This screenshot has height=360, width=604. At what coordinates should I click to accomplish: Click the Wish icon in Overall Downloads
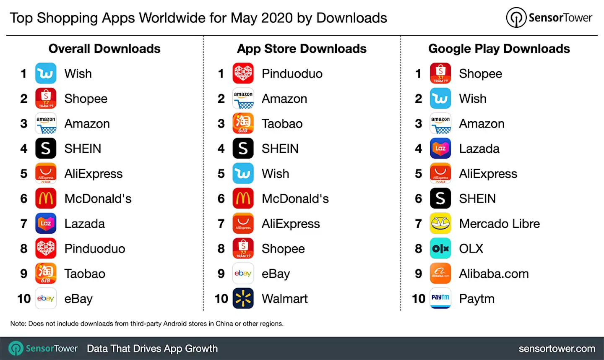click(x=46, y=73)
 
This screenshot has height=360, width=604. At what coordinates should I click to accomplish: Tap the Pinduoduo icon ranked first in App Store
click(x=243, y=73)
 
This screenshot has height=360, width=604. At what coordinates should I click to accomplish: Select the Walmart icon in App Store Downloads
click(x=243, y=298)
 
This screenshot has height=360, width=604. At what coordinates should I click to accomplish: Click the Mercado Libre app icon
click(x=440, y=224)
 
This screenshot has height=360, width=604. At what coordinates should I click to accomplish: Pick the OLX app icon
click(x=440, y=248)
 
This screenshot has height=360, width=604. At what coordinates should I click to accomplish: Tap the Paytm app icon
click(x=440, y=298)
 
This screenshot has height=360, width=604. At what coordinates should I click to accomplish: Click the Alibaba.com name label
click(x=494, y=274)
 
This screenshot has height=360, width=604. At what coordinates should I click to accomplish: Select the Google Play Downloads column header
click(x=499, y=49)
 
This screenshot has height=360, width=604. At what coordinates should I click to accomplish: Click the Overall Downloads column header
click(x=104, y=49)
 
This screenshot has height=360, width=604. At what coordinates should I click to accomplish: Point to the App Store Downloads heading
click(x=302, y=49)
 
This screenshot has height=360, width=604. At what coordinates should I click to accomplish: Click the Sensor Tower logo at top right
click(x=549, y=18)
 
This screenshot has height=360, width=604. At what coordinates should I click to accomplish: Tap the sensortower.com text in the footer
click(x=557, y=349)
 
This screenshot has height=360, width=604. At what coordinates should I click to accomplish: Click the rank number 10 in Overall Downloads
click(x=24, y=299)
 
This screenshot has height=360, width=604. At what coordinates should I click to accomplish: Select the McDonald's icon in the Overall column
click(x=46, y=198)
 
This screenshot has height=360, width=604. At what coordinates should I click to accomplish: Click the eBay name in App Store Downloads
click(x=276, y=274)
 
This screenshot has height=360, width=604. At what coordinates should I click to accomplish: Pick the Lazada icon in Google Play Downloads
click(x=440, y=149)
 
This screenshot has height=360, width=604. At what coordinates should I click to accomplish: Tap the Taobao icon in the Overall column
click(x=46, y=274)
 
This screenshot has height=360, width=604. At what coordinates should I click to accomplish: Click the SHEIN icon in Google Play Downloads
click(x=440, y=198)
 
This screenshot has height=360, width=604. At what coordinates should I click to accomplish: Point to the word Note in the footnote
click(x=18, y=323)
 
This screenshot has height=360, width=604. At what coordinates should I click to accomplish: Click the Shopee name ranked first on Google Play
click(x=480, y=74)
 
